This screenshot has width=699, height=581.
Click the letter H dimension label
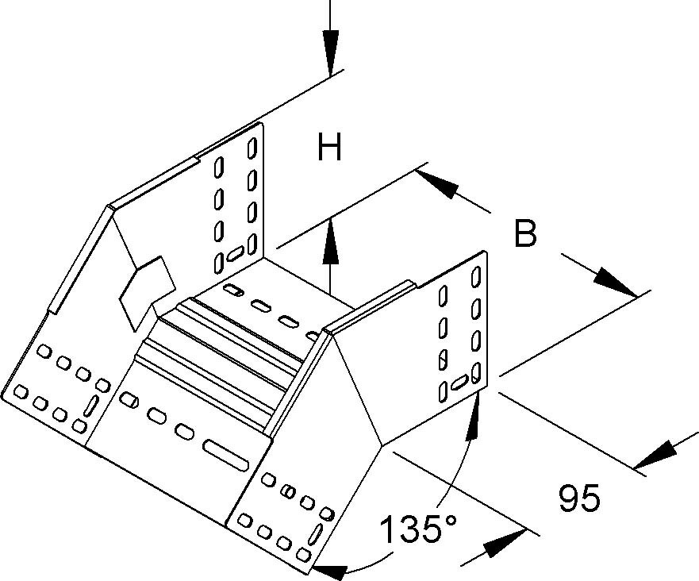pos(328,148)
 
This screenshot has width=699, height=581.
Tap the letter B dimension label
pos(524,235)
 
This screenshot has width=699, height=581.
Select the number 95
pos(579,499)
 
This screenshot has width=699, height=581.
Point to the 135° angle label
pos(418,529)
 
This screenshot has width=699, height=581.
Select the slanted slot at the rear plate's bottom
pos(236,255)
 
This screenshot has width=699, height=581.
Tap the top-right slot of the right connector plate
pos(477,277)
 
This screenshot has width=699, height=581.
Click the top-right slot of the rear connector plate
pos(252,148)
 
